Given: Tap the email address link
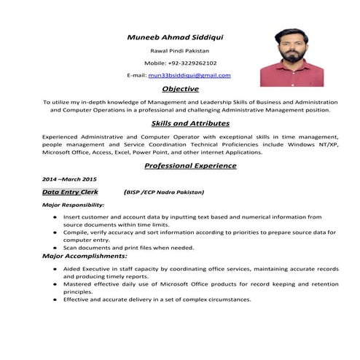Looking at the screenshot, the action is click(189, 75).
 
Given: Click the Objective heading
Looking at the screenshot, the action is click(180, 88).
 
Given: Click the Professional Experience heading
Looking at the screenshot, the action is click(190, 165).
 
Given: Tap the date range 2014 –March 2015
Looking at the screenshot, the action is click(69, 179).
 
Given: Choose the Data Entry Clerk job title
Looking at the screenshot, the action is click(70, 192).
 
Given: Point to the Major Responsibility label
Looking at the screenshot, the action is click(74, 206).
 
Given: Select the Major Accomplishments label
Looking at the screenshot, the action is click(85, 256).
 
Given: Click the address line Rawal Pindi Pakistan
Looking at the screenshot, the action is click(179, 51).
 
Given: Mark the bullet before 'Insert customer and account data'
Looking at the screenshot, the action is click(55, 217).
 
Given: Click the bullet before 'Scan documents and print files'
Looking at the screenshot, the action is click(55, 247).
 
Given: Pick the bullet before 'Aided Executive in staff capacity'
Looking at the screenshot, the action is click(55, 269).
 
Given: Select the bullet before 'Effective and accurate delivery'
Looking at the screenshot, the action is click(55, 300).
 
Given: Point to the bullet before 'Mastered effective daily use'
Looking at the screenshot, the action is click(55, 284).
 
